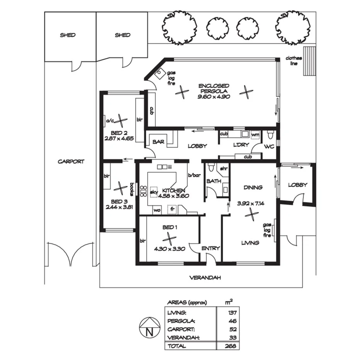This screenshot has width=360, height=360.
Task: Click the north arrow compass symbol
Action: pos(149,328)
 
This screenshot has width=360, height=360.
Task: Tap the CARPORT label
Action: pos(71,161)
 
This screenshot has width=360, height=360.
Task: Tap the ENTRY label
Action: pos(211,248)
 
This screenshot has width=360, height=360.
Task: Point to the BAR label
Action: pos(158,142)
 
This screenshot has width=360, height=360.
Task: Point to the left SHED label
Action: pos(68,35)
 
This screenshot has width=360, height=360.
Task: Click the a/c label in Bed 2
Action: pos(109,121)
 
